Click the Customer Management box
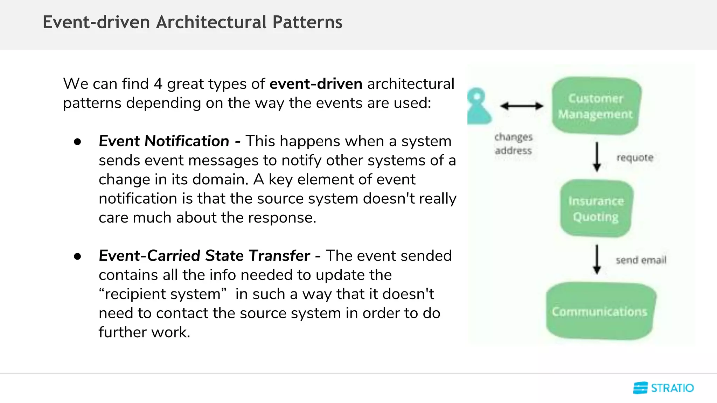tap(596, 106)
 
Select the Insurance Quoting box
tap(596, 208)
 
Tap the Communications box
tap(600, 311)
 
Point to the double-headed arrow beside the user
tap(521, 106)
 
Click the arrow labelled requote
tap(597, 156)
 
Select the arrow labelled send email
tap(597, 259)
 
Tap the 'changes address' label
tap(513, 144)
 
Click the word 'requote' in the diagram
tap(635, 157)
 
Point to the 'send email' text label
tap(641, 260)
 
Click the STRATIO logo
tap(663, 388)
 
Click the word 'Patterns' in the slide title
tap(307, 22)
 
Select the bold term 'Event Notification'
tap(164, 141)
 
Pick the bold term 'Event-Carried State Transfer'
tap(204, 256)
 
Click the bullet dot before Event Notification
tap(77, 142)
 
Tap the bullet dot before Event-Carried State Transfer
tap(77, 257)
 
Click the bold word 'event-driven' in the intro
tap(316, 84)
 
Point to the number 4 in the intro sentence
tap(158, 84)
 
